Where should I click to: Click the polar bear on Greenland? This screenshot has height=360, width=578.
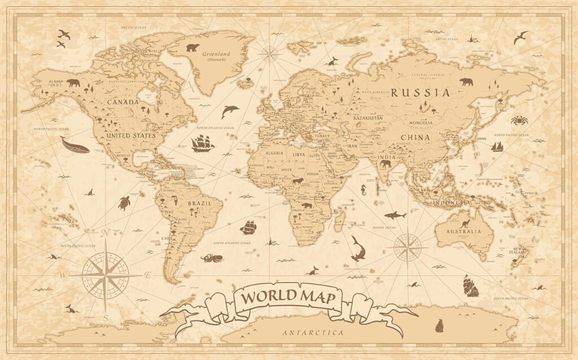point(193,47)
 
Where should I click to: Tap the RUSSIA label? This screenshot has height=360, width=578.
point(421,93)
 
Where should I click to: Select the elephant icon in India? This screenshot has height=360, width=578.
point(386,164)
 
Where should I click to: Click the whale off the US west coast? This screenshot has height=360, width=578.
point(75,146)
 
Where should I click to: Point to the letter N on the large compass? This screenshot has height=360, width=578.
point(105,232)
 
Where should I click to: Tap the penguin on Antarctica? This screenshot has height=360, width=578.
point(439,325)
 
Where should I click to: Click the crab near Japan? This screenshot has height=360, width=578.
point(519,120)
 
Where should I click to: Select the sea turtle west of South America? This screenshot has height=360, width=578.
point(124,203)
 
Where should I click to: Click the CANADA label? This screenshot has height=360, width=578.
point(122,102)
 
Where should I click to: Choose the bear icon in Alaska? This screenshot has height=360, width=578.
point(73,83)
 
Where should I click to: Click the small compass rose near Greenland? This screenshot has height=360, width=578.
point(269,54)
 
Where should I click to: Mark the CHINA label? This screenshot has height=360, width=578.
point(415,137)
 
